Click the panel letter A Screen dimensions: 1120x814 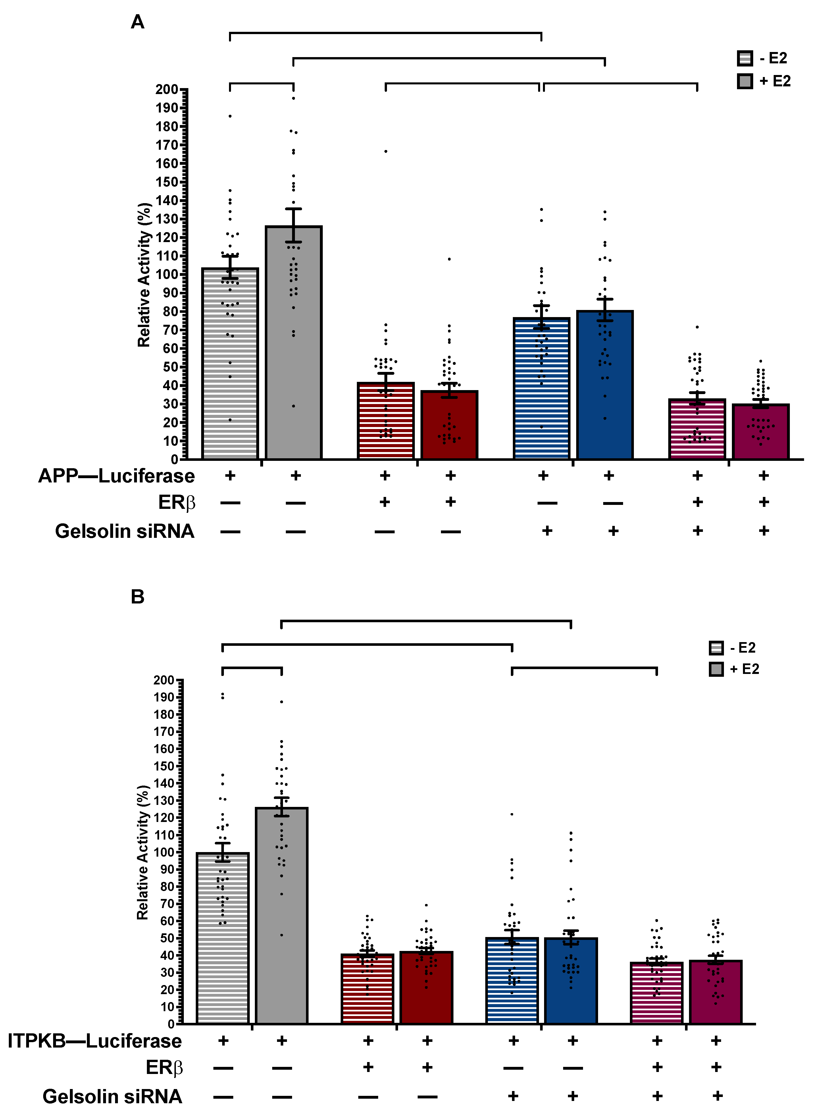coord(137,22)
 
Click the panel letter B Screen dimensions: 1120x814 coord(137,597)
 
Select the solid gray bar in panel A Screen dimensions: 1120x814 coord(293,346)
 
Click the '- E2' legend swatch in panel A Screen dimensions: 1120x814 coord(744,58)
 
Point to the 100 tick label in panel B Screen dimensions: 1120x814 coord(164,852)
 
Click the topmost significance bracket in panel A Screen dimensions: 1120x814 coord(385,33)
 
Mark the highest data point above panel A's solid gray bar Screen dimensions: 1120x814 coord(293,98)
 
